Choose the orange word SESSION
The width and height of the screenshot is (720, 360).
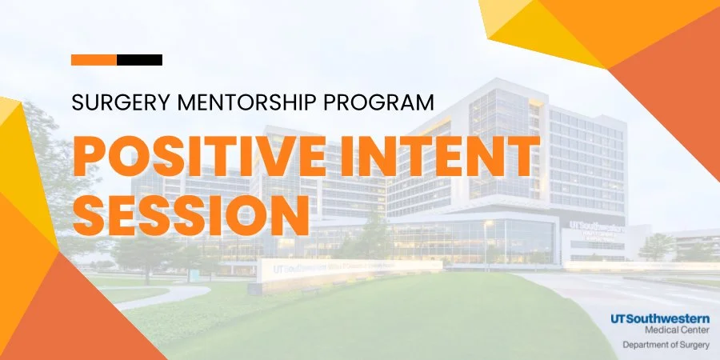point(190,210)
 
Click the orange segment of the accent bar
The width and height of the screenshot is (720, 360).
point(94,60)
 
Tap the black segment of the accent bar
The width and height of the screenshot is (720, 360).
point(140,60)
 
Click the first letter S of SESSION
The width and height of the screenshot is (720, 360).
point(88,210)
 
